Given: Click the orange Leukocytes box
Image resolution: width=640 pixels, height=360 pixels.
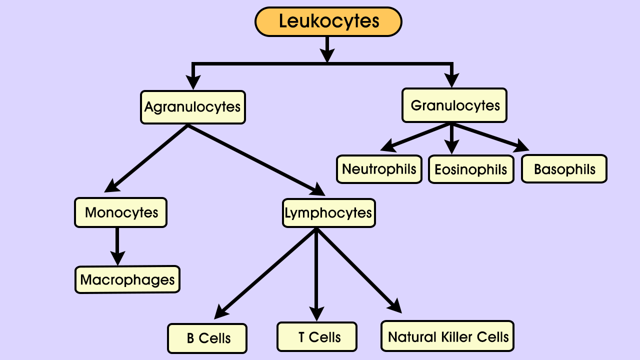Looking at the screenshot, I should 328,21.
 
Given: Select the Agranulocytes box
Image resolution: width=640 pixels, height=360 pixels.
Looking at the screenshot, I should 193,107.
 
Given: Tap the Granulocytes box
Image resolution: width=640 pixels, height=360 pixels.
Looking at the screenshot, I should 454,105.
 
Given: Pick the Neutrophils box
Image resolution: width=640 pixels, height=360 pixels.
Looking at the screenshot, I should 379,169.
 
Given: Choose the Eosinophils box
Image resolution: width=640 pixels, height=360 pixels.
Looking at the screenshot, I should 471,169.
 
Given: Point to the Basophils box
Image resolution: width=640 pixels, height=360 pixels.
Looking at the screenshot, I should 564,169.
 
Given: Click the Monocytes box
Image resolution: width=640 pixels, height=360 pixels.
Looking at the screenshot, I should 120,212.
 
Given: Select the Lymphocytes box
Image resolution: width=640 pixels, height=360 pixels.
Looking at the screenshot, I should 328,213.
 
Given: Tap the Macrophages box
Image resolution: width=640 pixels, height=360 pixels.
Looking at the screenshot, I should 127,279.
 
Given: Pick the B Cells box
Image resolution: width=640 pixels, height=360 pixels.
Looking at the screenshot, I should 207,338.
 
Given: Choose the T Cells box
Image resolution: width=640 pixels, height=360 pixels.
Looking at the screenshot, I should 317,337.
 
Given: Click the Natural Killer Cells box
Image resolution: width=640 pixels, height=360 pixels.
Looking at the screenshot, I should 447,336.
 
